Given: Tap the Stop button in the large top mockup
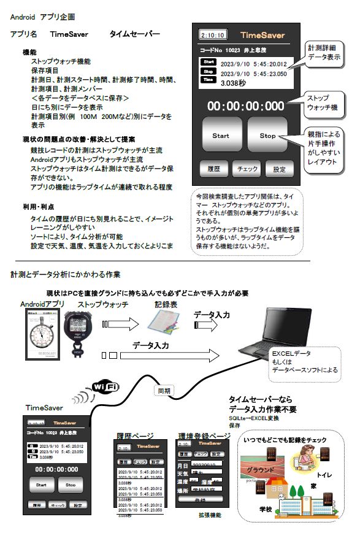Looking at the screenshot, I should (268, 136).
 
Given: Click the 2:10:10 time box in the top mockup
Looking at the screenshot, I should (213, 36).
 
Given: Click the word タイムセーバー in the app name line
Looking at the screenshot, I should (134, 34).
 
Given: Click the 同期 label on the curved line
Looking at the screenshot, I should (164, 390).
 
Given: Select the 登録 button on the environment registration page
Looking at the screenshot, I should (199, 500).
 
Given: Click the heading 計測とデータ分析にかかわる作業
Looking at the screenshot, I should (66, 274).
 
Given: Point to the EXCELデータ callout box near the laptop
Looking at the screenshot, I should (303, 362).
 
